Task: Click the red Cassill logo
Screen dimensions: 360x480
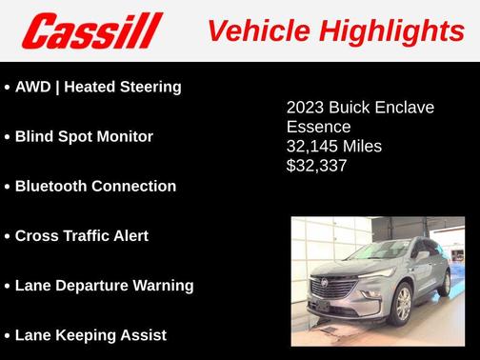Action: coord(92,30)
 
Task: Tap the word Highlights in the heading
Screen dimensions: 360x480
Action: coord(390,30)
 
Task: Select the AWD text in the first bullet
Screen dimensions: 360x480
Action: coord(35,87)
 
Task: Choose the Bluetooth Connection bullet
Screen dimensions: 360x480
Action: coord(95,186)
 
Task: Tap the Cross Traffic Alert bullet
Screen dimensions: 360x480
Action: coord(82,235)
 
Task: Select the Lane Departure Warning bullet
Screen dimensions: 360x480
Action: coord(104,285)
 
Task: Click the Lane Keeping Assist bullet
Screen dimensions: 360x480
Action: coord(90,334)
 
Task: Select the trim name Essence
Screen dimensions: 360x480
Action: coord(318,127)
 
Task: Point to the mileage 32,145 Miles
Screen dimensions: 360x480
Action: coord(333,146)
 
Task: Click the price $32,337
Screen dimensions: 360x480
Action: coord(317,165)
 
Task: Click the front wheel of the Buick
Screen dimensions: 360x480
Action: coord(404,304)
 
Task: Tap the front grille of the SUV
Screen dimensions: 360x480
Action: coord(336,290)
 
